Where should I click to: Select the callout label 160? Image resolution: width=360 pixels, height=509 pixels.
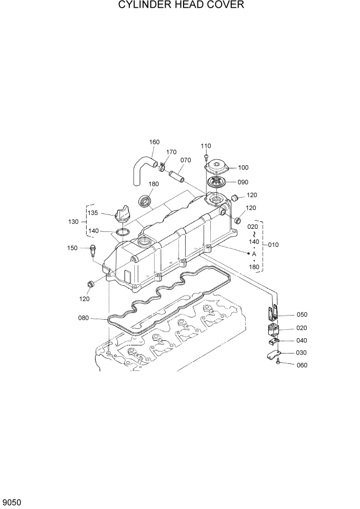click(154, 142)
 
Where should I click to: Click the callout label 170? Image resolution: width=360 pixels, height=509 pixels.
click(171, 152)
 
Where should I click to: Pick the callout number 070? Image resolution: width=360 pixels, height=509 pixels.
click(185, 160)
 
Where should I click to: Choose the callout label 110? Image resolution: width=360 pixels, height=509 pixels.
click(206, 146)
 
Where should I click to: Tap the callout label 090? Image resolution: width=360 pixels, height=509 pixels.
click(243, 182)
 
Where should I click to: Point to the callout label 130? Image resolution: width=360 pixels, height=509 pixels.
click(73, 222)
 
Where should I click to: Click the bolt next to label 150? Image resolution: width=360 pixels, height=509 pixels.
click(93, 251)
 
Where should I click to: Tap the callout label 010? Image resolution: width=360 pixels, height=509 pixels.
click(273, 245)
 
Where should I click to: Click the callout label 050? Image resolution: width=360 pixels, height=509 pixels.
click(287, 315)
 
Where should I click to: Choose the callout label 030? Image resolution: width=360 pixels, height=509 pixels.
click(287, 353)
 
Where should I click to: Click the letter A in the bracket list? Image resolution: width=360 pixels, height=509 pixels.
click(253, 253)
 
